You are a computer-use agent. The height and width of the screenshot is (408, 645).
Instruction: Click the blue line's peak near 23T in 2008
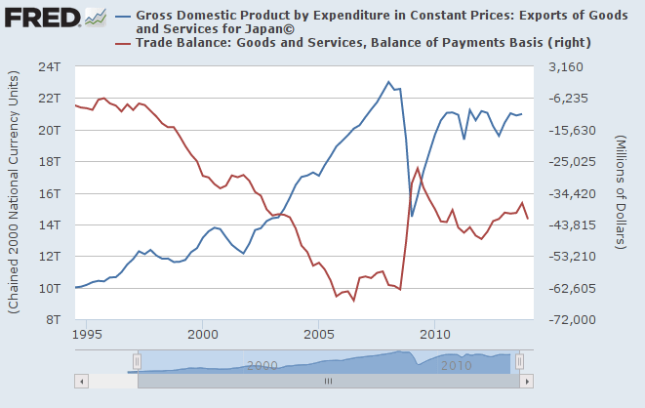click(388, 82)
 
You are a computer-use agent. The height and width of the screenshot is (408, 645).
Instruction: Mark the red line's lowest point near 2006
click(353, 301)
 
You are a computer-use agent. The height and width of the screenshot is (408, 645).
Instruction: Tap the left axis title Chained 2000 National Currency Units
click(14, 192)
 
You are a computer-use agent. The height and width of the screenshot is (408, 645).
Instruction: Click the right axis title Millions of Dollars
click(621, 192)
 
